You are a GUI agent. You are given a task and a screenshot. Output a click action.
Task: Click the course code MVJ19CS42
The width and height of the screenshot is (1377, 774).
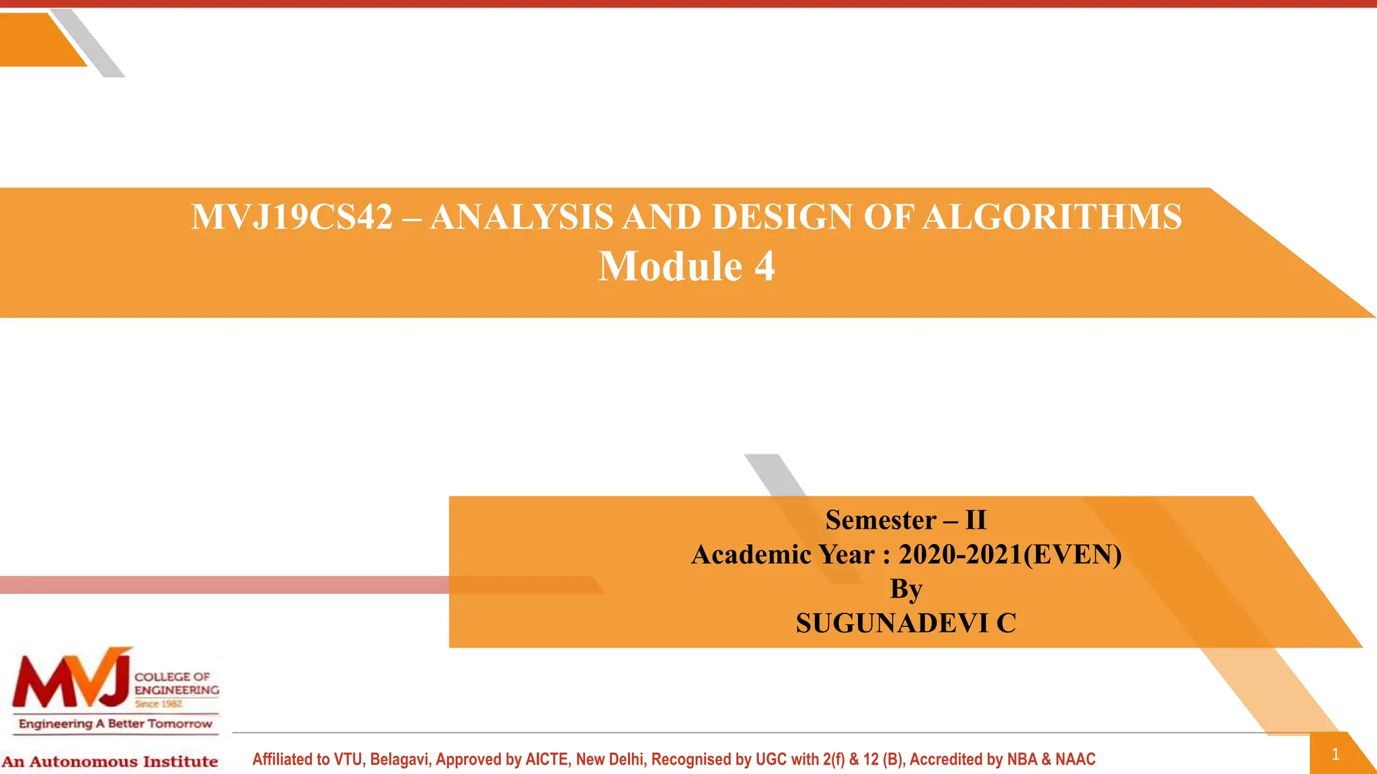pos(292,218)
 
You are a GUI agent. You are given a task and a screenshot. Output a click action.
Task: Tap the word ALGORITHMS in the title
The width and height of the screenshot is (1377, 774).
pos(1052,218)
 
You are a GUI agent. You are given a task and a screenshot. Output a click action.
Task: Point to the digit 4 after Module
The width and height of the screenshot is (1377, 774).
pos(764,267)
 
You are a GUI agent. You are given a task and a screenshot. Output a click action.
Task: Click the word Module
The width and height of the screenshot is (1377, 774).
pos(670,267)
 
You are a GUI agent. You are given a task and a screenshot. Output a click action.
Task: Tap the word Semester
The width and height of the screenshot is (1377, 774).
pos(881,520)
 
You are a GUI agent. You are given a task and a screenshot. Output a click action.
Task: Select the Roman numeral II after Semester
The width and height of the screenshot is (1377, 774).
pos(976,520)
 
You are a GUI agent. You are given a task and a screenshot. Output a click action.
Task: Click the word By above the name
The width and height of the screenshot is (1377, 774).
pos(906,589)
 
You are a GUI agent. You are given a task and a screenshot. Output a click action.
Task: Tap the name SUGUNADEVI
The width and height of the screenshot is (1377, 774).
pos(892,623)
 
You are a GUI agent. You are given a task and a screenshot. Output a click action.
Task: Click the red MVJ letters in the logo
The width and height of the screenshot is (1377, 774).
pos(71,680)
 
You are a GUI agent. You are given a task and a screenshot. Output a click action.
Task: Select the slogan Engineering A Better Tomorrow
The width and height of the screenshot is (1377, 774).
pos(116,724)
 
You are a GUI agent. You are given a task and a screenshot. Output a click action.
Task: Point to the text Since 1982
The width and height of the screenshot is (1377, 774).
pos(158,704)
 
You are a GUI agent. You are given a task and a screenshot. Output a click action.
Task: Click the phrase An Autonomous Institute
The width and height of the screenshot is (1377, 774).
pos(110,762)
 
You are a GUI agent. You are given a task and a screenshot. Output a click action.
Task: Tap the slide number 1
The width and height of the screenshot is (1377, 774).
pos(1335,754)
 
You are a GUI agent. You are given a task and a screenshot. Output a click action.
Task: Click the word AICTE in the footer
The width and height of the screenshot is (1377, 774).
pos(547,760)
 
